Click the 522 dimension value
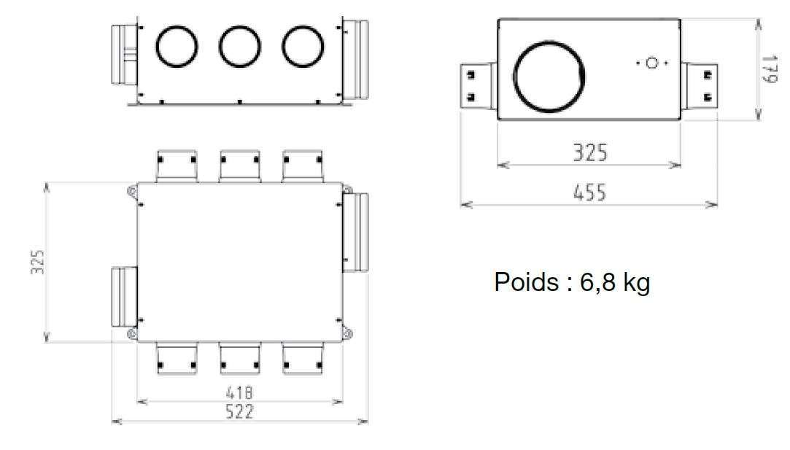[239, 411]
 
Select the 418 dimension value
[239, 392]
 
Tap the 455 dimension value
[589, 193]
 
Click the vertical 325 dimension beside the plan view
[38, 262]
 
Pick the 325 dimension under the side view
[590, 152]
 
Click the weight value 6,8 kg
[615, 282]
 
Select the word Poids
[526, 282]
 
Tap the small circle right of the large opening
[652, 63]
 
